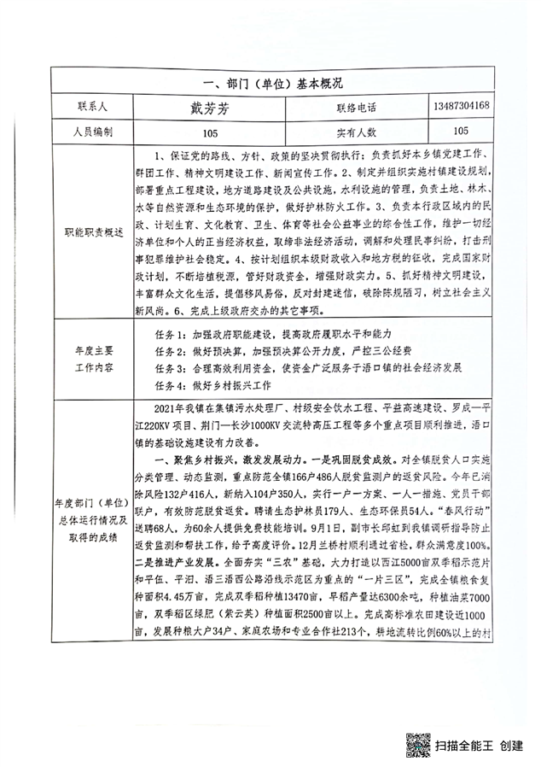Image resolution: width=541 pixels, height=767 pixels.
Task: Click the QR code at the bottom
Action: (417, 745)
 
